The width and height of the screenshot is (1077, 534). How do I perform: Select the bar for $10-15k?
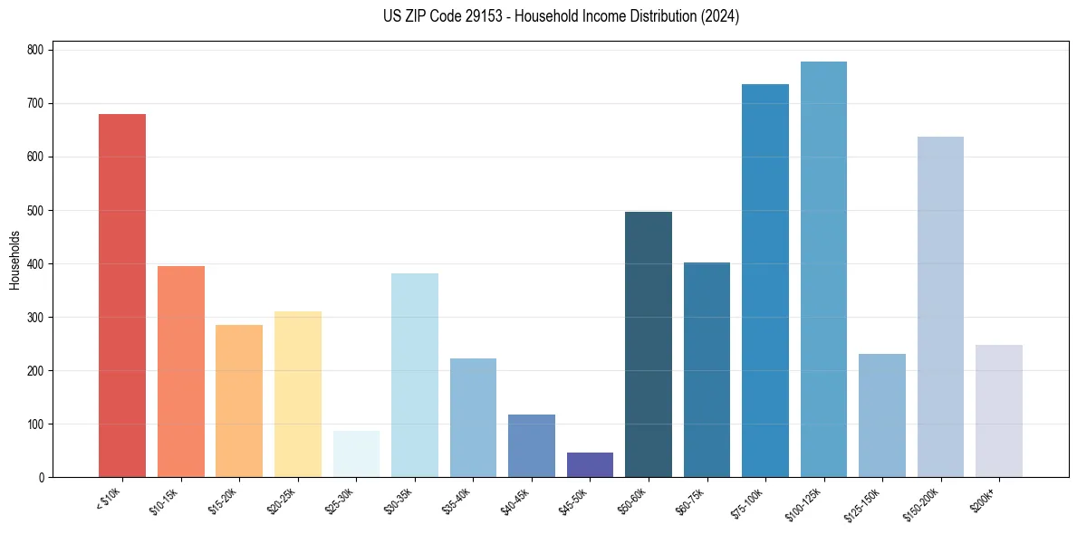click(181, 372)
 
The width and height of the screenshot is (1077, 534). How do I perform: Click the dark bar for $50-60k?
click(649, 345)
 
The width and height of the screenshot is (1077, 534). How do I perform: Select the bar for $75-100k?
click(765, 281)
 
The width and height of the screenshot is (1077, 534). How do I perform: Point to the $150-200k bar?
click(940, 307)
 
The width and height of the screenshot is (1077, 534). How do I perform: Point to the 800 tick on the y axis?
click(37, 50)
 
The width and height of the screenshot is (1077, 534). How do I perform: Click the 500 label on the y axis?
click(37, 211)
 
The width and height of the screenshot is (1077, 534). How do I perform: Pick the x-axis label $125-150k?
click(865, 503)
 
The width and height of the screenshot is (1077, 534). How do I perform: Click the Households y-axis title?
click(14, 260)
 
